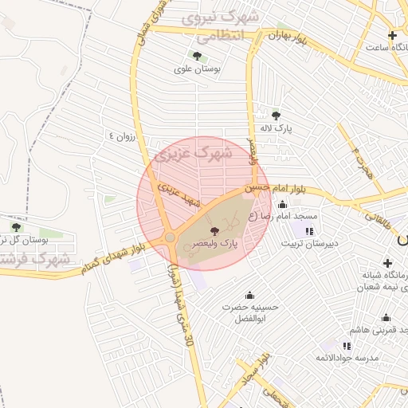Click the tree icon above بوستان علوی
click(197, 56)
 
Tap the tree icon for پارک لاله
click(277, 116)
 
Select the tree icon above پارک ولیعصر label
click(211, 229)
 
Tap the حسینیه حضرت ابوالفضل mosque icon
click(251, 295)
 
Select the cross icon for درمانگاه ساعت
click(392, 36)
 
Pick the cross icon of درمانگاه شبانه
click(387, 263)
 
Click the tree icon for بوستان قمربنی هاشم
click(362, 316)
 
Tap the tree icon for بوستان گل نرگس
click(16, 227)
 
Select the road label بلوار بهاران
click(288, 35)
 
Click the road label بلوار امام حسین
click(280, 188)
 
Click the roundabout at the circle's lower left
click(171, 237)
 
